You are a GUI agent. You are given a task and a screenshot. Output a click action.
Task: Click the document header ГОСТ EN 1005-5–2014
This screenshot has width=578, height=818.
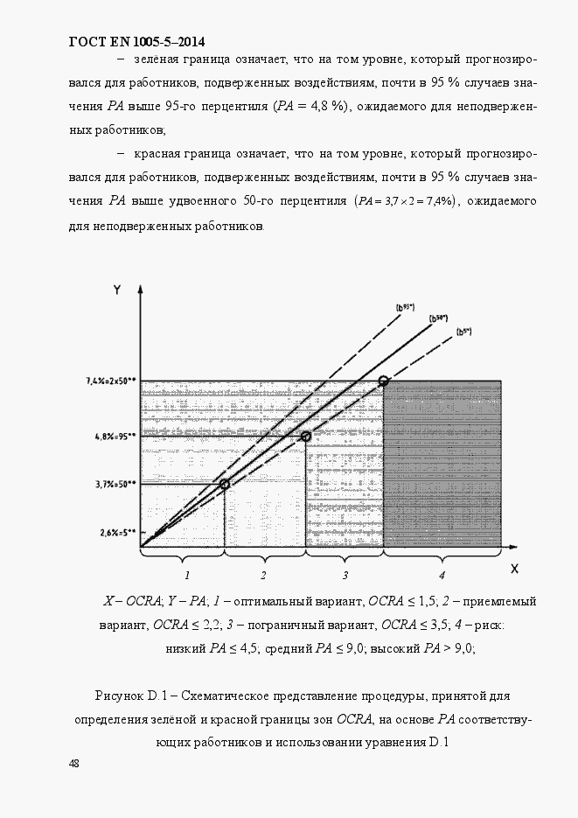136,41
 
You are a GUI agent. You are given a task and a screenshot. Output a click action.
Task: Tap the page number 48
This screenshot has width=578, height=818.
73,764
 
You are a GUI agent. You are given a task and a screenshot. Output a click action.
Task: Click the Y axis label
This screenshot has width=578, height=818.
115,290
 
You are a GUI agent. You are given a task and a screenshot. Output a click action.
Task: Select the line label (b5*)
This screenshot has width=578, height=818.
463,332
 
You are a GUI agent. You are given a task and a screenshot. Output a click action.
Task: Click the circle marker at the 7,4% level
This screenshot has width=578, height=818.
383,381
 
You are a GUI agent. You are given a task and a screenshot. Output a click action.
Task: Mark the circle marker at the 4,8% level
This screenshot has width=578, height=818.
306,436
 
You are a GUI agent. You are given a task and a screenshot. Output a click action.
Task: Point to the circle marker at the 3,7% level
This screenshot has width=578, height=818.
225,483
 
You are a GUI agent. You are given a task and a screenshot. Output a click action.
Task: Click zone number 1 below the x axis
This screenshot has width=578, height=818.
185,575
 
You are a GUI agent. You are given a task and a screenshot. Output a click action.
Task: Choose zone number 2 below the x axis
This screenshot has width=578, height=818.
263,575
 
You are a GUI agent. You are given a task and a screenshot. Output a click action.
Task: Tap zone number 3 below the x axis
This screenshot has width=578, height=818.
345,575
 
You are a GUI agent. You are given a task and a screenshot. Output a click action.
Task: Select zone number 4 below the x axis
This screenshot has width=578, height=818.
442,575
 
